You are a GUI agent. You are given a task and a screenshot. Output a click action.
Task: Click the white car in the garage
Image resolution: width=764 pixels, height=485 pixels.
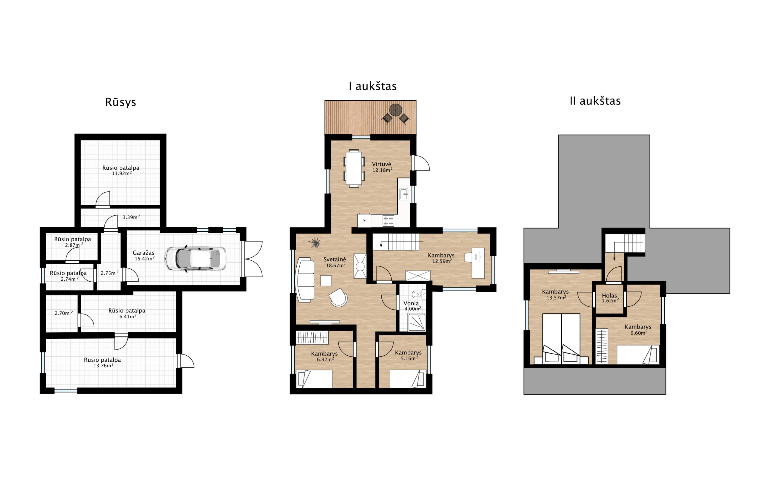click(195, 258)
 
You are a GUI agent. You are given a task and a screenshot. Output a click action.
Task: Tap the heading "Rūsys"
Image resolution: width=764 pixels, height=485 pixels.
click(121, 102)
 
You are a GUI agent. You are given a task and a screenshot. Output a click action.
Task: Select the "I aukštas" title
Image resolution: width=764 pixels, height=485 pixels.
click(372, 86)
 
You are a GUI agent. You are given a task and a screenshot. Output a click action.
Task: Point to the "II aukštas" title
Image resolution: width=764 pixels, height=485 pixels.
click(595, 101)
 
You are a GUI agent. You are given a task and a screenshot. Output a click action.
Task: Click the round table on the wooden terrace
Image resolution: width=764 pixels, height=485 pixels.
click(395, 110)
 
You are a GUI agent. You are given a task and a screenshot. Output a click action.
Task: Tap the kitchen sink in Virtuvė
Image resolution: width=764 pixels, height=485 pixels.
click(404, 194)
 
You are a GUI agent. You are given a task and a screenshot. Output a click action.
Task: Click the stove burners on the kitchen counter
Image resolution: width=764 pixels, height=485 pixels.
click(388, 221)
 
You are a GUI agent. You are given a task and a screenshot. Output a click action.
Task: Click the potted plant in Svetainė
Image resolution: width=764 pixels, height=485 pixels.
click(315, 243)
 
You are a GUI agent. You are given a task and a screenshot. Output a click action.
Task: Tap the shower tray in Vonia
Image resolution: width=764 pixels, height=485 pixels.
click(417, 322)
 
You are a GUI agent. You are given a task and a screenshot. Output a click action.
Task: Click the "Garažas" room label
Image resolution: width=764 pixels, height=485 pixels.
click(144, 253)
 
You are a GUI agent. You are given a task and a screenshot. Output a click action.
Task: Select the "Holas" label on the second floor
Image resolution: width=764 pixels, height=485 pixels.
click(609, 295)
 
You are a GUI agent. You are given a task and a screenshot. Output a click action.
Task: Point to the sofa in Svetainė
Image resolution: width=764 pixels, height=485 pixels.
click(305, 280)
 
